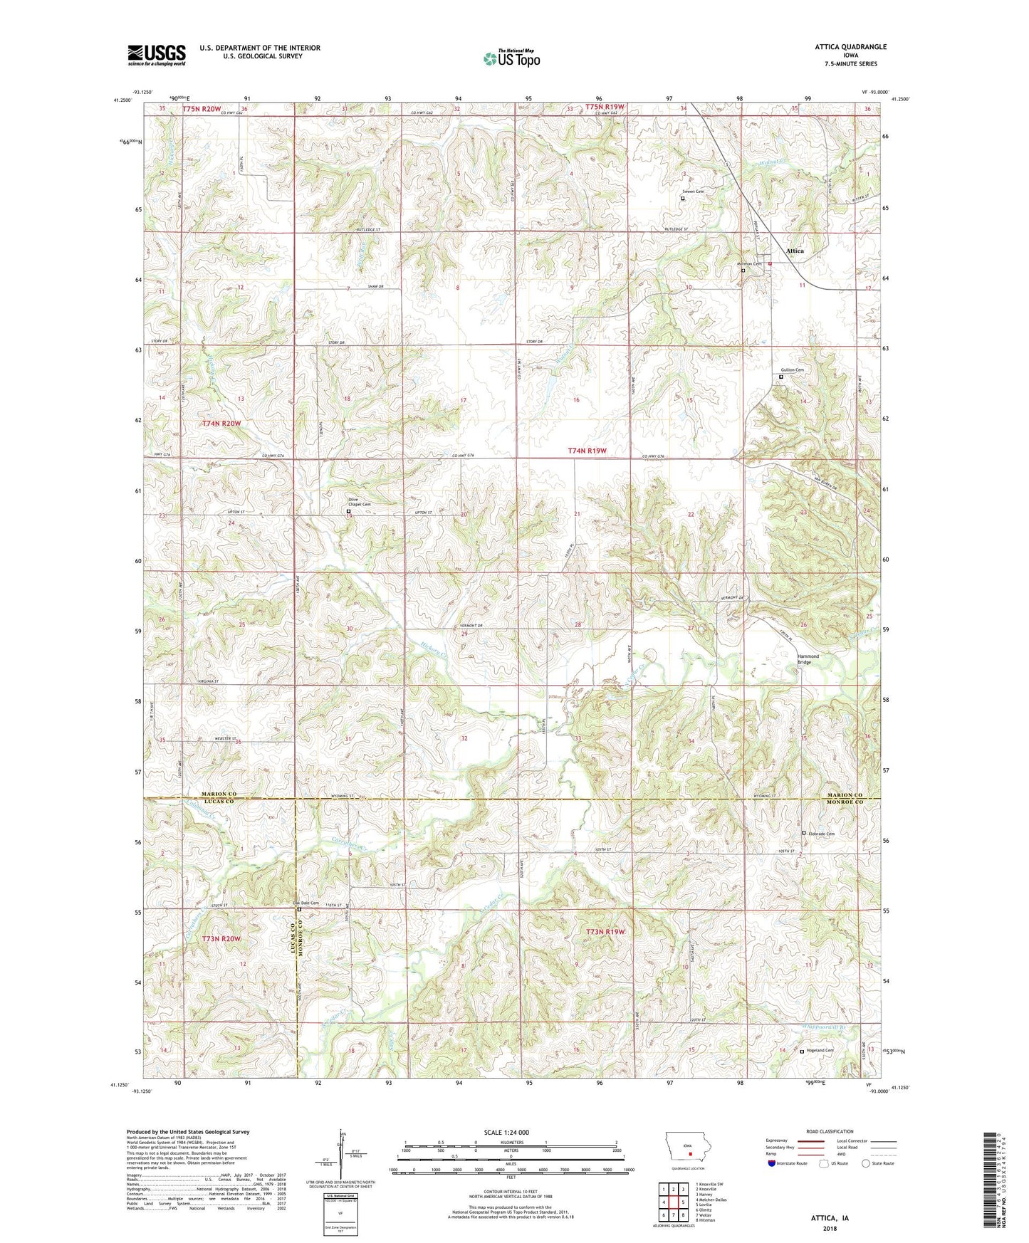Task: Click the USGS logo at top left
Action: pos(157,55)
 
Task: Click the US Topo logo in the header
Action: pos(511,58)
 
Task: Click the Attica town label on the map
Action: pos(795,251)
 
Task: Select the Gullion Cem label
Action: pos(792,370)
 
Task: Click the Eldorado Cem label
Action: pos(820,834)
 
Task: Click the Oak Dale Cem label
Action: pos(307,903)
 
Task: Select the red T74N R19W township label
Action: pos(587,451)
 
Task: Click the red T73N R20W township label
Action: pos(221,939)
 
